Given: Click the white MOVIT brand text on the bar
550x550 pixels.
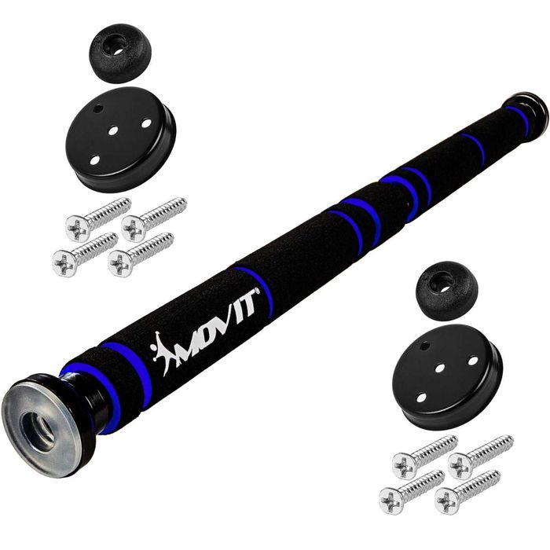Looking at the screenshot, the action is click(218, 328).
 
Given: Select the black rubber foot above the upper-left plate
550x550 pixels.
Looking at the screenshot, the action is click(119, 53).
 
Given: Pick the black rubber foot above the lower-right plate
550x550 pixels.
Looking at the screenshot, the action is click(446, 290).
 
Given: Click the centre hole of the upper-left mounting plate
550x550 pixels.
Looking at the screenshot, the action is click(113, 131).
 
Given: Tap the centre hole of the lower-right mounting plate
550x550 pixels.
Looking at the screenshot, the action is click(439, 368).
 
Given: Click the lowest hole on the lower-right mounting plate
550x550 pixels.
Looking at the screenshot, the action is click(421, 398).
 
